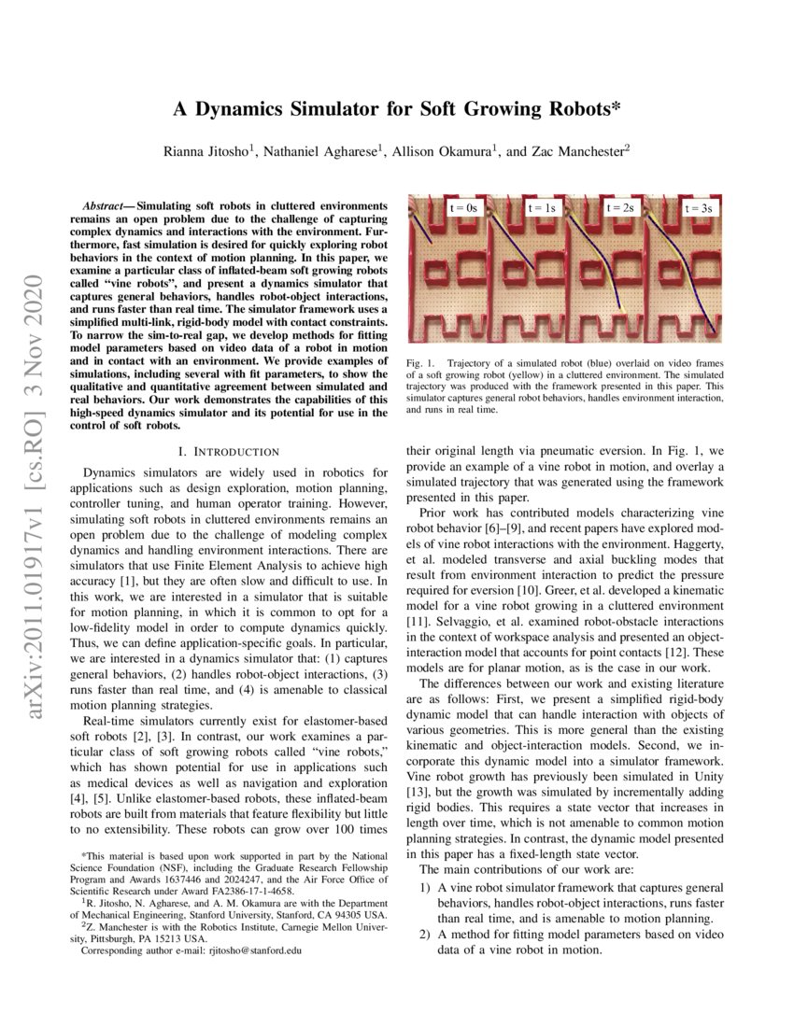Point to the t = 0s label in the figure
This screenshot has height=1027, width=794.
462,207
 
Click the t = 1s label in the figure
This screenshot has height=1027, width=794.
543,207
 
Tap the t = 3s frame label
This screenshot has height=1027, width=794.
699,208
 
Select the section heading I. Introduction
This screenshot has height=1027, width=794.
220,452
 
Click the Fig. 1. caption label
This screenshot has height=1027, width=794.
420,361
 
